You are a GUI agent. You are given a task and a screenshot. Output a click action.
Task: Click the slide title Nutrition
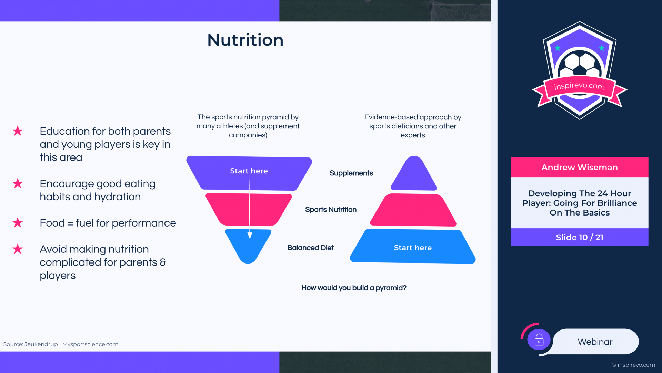(245, 40)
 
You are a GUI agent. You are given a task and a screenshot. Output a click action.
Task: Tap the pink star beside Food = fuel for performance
(18, 223)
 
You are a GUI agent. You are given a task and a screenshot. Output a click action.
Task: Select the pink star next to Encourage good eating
(18, 183)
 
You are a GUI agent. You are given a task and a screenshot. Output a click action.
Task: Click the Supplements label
(351, 173)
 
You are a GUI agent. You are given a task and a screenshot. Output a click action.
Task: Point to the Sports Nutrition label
(331, 210)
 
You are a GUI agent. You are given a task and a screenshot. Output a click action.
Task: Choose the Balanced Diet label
(310, 248)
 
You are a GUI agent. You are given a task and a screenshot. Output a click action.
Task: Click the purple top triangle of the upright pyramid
(414, 173)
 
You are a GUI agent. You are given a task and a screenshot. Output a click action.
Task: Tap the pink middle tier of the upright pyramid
(413, 210)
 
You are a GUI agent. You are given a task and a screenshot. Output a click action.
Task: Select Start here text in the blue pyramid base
(413, 248)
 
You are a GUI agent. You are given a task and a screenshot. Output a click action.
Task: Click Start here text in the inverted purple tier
(249, 171)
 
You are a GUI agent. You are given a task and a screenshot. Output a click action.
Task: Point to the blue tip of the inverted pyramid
(248, 246)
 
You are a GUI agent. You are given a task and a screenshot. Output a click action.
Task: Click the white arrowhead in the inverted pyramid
(250, 236)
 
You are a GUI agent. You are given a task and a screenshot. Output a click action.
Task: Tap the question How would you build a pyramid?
(354, 288)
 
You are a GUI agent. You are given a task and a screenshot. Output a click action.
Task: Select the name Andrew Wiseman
(580, 167)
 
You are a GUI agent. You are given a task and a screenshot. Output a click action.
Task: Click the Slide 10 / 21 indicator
(580, 237)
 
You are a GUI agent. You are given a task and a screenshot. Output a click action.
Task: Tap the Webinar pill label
(595, 342)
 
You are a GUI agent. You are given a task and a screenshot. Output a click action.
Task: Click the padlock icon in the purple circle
(539, 340)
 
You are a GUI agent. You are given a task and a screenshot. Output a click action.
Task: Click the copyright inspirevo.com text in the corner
(633, 365)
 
